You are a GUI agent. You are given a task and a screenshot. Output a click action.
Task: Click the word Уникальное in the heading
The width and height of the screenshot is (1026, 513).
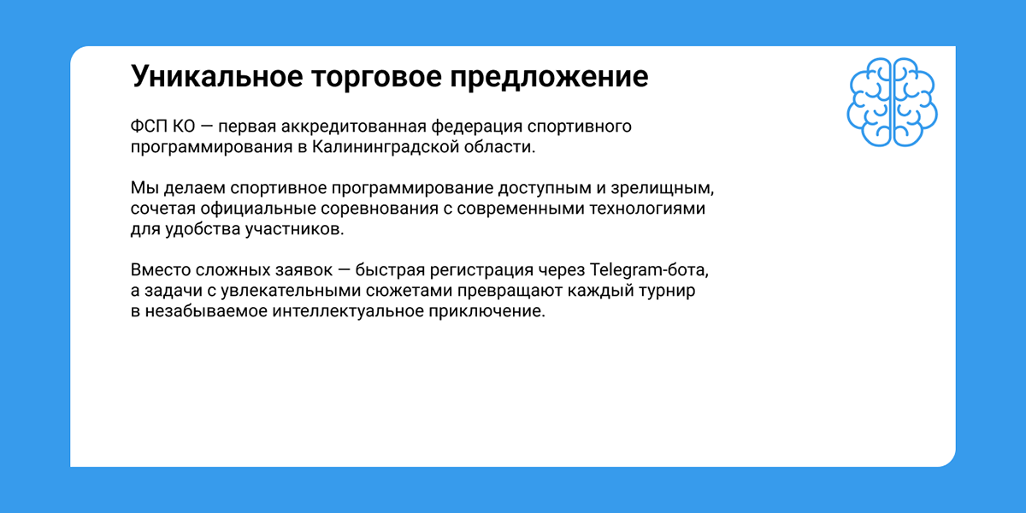pos(216,76)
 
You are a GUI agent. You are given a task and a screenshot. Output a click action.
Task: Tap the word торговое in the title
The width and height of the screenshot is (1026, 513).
pos(375,76)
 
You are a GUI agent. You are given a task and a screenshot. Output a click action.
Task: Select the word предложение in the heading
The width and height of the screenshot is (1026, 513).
pos(549,76)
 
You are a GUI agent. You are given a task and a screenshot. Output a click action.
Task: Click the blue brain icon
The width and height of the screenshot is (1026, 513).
pos(892,102)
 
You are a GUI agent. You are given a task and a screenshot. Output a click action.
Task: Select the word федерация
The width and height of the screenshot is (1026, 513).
pos(477,127)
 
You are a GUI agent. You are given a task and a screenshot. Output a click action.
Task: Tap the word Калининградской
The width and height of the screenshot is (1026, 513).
pos(386,147)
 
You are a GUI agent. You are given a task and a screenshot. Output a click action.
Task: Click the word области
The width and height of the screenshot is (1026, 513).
pos(499,147)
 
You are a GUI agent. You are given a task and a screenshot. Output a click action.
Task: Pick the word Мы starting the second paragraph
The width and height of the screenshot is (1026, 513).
pos(144,188)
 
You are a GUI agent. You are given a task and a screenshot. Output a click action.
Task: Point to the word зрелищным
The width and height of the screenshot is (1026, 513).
pos(663,189)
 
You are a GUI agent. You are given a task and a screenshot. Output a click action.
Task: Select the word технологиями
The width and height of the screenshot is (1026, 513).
pos(647,209)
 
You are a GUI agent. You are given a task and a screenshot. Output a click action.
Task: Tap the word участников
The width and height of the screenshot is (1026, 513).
pos(294,229)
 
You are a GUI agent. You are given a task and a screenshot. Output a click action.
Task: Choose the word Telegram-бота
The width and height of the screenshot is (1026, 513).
pos(649,271)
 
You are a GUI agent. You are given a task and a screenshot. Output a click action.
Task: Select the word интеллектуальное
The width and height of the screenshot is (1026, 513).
pos(348,312)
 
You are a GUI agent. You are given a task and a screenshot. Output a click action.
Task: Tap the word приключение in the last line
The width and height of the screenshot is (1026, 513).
pos(486,312)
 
